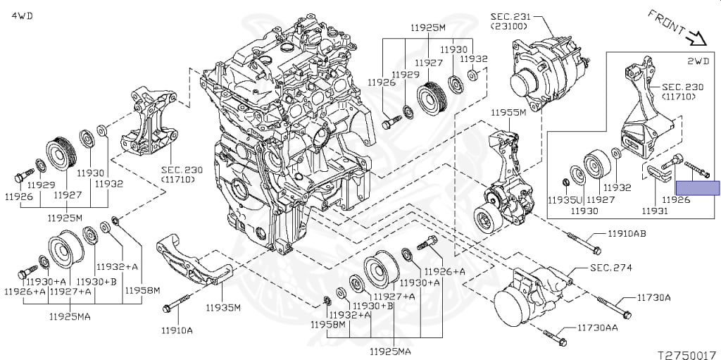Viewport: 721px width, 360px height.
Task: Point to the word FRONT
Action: pos(665,23)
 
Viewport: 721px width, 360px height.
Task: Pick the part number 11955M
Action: pos(508,113)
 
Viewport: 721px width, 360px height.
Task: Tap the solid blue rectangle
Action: pos(698,187)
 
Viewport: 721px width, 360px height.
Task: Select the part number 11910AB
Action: pos(622,233)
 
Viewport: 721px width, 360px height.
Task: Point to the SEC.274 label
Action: pos(610,268)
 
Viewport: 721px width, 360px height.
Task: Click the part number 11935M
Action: pos(223,307)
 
